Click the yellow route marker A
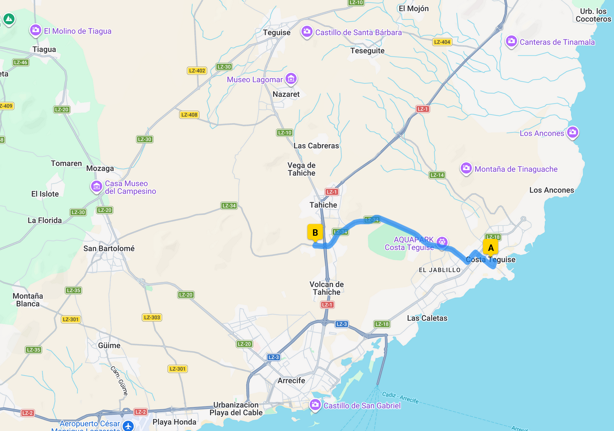[490, 247]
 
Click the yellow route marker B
[315, 233]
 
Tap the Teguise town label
[277, 33]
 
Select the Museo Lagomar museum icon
[291, 79]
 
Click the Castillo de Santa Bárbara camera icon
[307, 32]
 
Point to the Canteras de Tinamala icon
[511, 42]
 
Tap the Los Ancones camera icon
[573, 133]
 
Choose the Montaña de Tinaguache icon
[466, 169]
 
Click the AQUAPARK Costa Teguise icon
[442, 242]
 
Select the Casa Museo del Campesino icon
[97, 187]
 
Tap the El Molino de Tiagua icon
[35, 31]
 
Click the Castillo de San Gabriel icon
[315, 405]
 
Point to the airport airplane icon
[128, 425]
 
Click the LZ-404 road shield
[442, 42]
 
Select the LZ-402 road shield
[197, 70]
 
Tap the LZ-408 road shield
[189, 115]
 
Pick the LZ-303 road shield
[152, 317]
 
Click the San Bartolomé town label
[109, 249]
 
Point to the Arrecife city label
[291, 380]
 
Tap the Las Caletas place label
[427, 318]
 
